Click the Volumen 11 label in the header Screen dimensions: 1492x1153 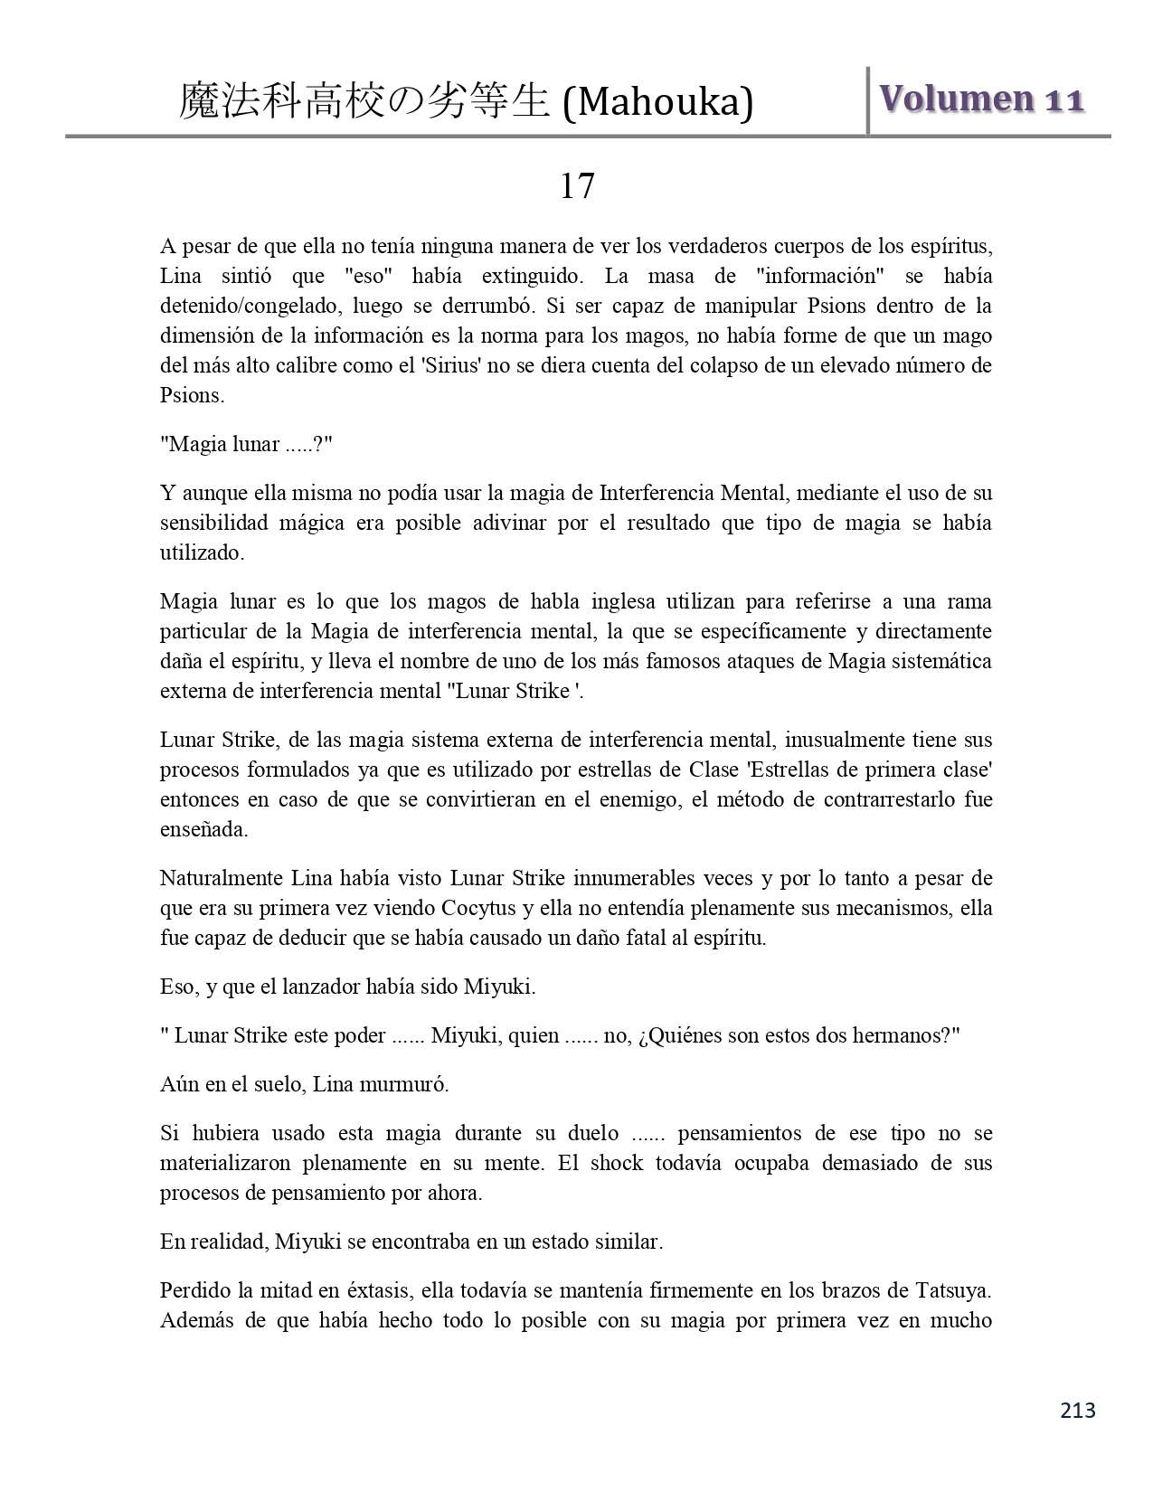coord(981,99)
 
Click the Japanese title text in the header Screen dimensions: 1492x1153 coord(364,102)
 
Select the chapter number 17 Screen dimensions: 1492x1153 coord(577,186)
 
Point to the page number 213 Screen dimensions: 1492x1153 coord(1077,1410)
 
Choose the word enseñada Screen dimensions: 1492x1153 coord(203,829)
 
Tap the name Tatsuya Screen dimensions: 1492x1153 coord(955,1290)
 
